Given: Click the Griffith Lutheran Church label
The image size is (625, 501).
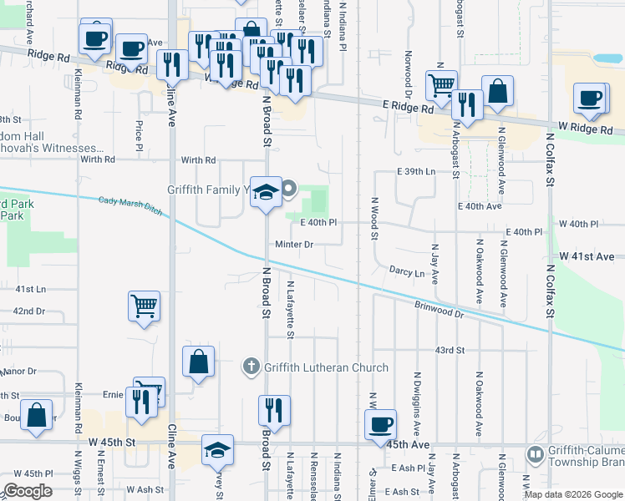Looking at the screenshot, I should tap(326, 367).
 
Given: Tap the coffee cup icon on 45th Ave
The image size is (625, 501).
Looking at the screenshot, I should tap(381, 423).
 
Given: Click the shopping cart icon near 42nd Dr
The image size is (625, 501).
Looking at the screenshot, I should tap(145, 306).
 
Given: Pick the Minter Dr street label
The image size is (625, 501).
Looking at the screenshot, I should tap(295, 245).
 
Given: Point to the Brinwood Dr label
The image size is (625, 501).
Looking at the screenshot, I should tap(439, 311).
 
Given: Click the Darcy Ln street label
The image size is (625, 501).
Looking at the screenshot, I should tap(407, 272).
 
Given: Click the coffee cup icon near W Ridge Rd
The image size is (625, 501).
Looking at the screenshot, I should tap(590, 98).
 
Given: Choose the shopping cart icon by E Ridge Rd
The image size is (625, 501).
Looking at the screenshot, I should tap(441, 84).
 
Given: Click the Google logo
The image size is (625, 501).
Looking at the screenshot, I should tap(28, 491).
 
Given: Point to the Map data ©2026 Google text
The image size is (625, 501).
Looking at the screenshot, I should tap(573, 494).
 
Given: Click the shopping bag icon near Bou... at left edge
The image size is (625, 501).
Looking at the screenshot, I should tap(37, 416).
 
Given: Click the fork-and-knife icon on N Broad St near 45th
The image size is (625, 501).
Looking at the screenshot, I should tap(274, 410).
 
